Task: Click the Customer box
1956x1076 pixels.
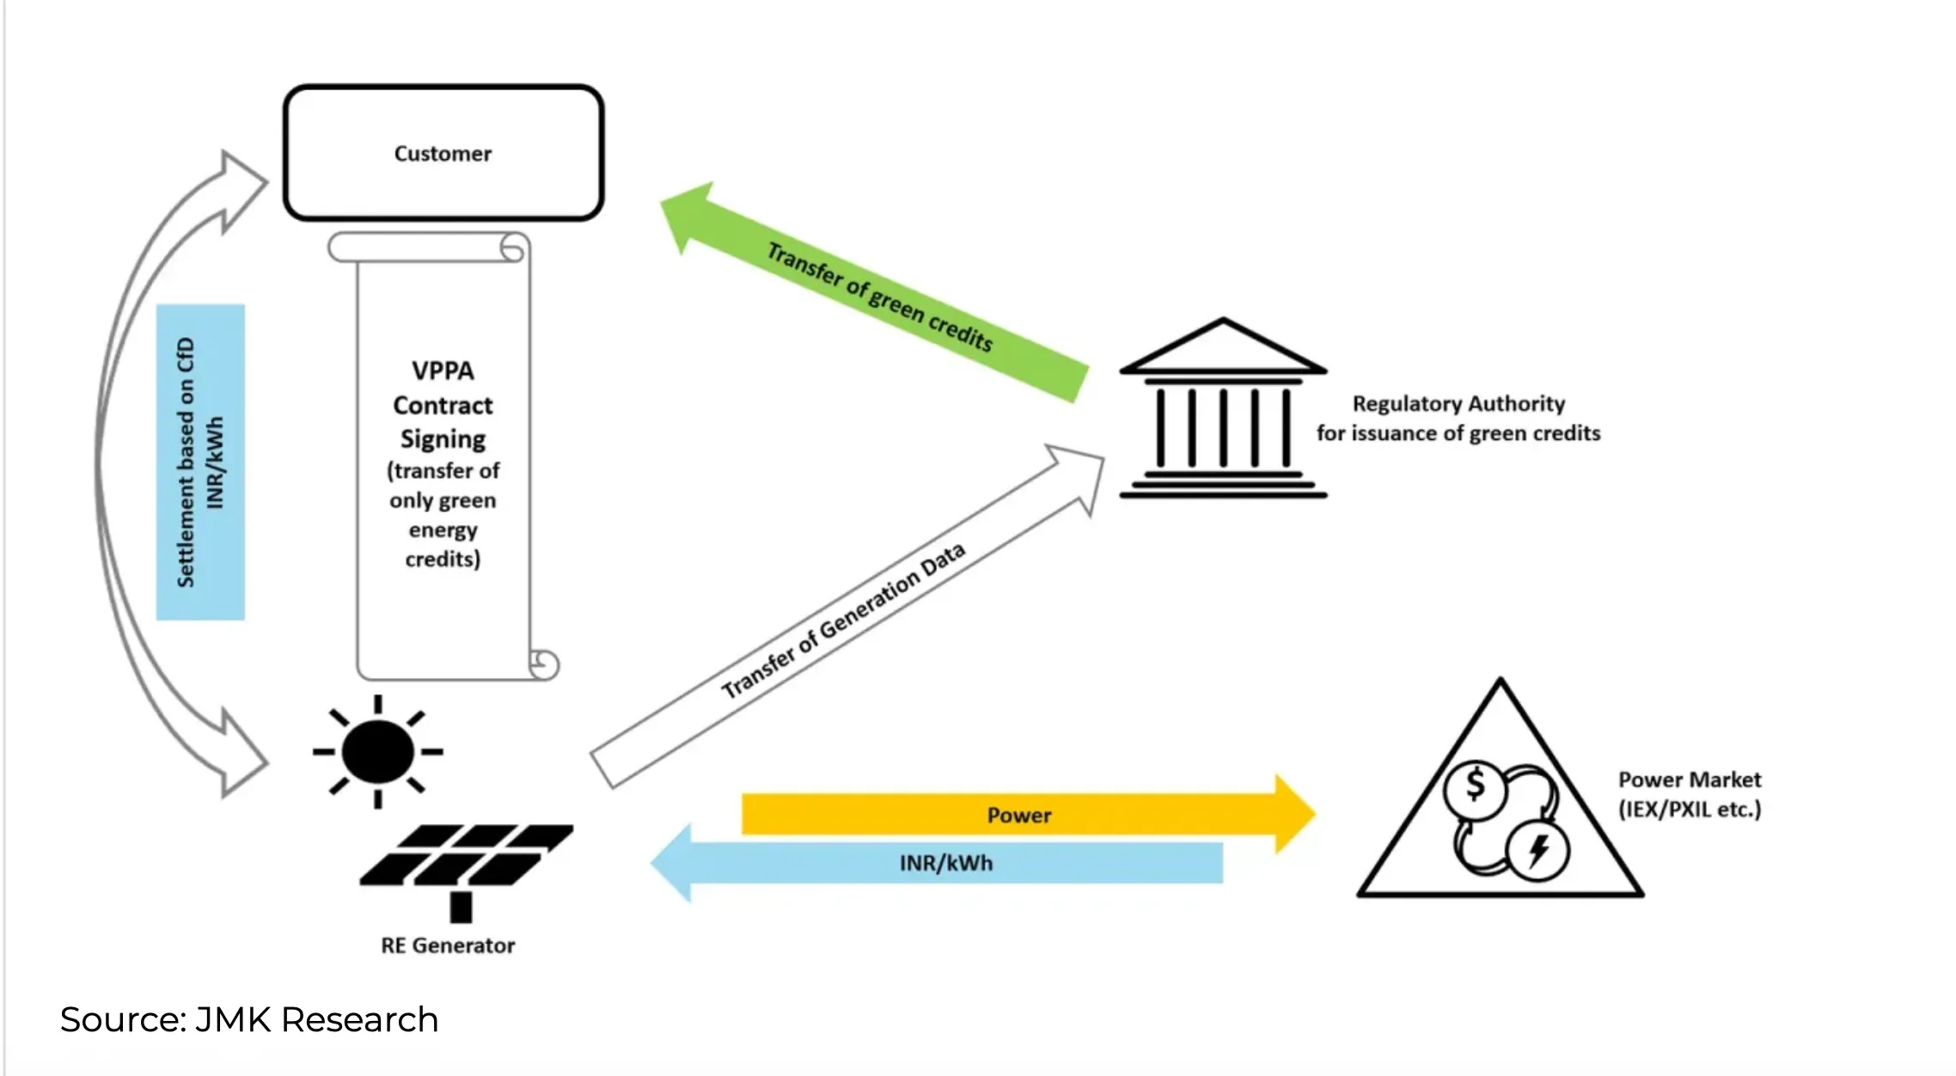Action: pyautogui.click(x=443, y=153)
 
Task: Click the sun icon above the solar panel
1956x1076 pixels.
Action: pyautogui.click(x=377, y=752)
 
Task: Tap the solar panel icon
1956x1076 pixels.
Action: pyautogui.click(x=464, y=859)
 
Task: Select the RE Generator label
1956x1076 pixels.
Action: pyautogui.click(x=448, y=945)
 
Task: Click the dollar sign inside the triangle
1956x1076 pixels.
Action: pyautogui.click(x=1475, y=786)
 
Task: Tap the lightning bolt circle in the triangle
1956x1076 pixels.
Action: pyautogui.click(x=1538, y=851)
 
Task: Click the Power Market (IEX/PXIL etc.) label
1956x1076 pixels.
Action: pyautogui.click(x=1690, y=794)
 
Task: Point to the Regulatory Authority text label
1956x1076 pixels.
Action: pyautogui.click(x=1458, y=419)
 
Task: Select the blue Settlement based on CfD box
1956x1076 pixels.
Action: pyautogui.click(x=200, y=462)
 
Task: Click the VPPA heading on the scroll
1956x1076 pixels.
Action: pyautogui.click(x=443, y=370)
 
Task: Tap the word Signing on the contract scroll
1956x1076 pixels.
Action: pyautogui.click(x=443, y=439)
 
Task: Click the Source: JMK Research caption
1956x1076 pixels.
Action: pyautogui.click(x=249, y=1020)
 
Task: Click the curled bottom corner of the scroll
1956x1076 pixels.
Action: pyautogui.click(x=543, y=663)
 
